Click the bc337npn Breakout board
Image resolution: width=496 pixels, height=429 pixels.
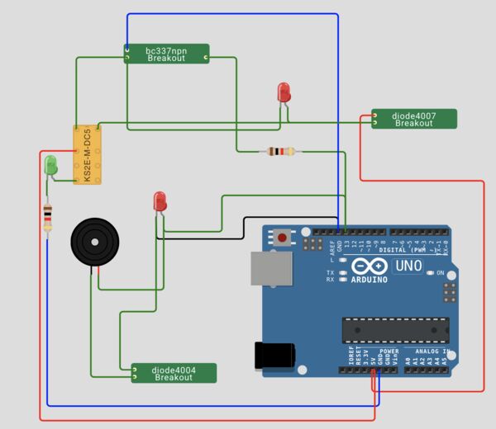pos(166,54)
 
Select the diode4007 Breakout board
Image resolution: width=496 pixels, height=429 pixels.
pos(413,119)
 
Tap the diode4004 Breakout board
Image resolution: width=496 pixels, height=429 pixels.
pos(174,373)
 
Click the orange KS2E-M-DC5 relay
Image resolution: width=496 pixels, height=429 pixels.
pos(87,155)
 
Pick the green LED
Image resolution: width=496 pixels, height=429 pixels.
pos(51,163)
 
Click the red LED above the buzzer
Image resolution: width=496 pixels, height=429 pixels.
pos(160,200)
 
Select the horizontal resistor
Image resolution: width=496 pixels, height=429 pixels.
pos(280,151)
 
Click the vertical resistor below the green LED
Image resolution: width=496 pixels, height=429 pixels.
pos(48,218)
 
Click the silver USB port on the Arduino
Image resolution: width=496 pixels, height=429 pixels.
pos(272,269)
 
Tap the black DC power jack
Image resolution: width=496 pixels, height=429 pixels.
pos(275,355)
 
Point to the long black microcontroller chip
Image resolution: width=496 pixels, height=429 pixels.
pos(396,329)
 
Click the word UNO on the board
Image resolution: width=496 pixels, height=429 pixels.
pos(408,266)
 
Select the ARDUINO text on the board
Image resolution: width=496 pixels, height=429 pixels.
pos(370,279)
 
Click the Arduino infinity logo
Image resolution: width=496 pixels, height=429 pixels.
pos(369,266)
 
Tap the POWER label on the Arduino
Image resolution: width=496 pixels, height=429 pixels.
pos(389,351)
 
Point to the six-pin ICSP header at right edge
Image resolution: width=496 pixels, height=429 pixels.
pos(450,292)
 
